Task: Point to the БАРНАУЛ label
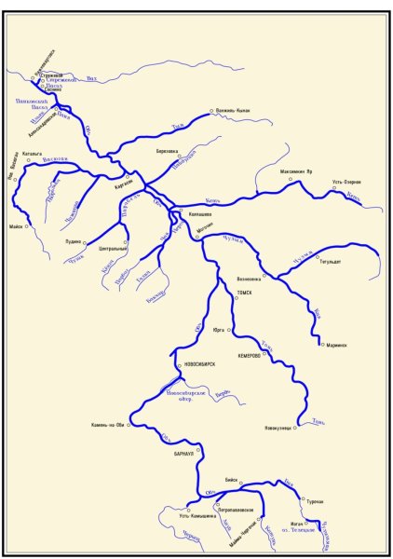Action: (x=183, y=451)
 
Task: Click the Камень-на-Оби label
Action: (x=108, y=426)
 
